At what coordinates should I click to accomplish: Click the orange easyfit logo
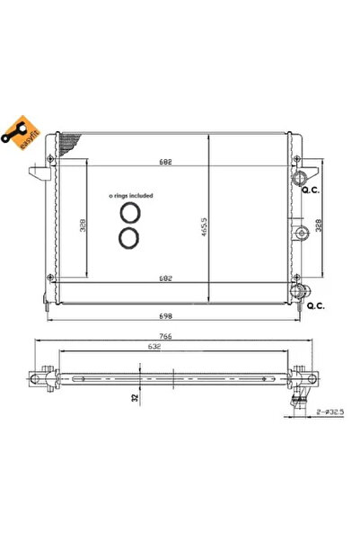pyautogui.click(x=21, y=133)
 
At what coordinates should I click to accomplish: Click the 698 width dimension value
pyautogui.click(x=165, y=315)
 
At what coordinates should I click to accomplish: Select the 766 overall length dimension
pyautogui.click(x=165, y=336)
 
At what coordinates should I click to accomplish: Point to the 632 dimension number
pyautogui.click(x=154, y=347)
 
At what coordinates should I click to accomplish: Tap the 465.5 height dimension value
pyautogui.click(x=204, y=226)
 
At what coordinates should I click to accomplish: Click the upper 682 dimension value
pyautogui.click(x=165, y=162)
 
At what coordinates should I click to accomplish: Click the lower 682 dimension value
pyautogui.click(x=165, y=279)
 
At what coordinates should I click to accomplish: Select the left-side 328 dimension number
pyautogui.click(x=83, y=226)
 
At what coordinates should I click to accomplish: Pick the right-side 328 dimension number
pyautogui.click(x=319, y=226)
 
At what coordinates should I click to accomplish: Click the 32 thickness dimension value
pyautogui.click(x=135, y=398)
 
